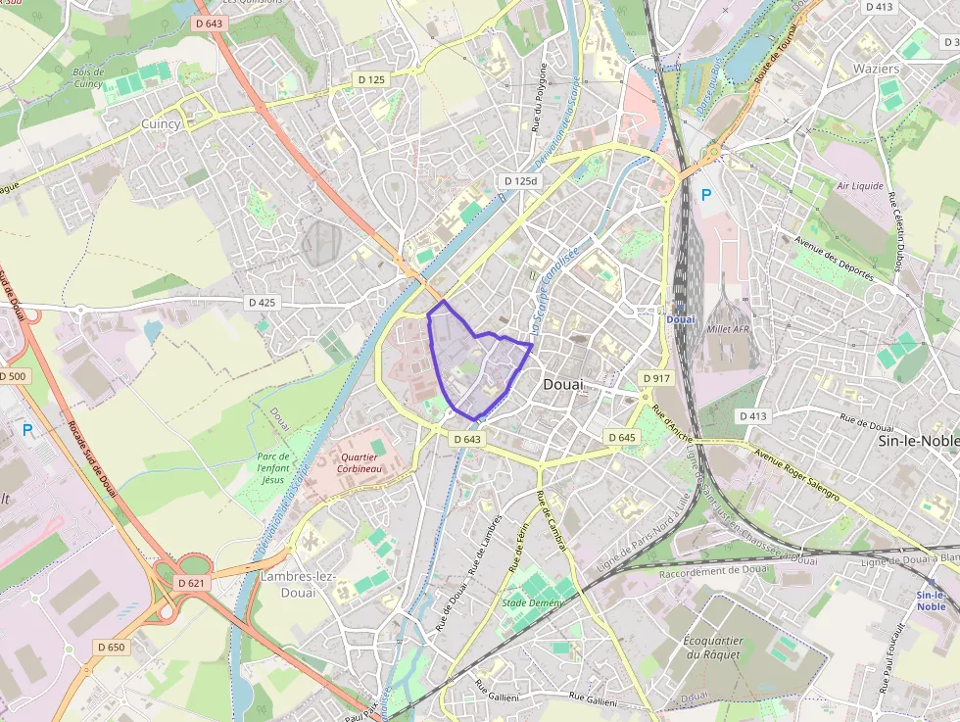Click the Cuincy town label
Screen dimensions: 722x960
click(x=161, y=124)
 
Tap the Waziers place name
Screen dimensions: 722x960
click(x=876, y=69)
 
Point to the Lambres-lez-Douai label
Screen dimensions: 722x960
click(x=298, y=585)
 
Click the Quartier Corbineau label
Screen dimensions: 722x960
click(x=360, y=463)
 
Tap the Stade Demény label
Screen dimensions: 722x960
click(x=533, y=602)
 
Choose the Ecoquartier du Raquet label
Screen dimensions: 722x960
click(x=712, y=648)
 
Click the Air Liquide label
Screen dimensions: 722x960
click(x=860, y=185)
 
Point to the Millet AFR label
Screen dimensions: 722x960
click(x=727, y=330)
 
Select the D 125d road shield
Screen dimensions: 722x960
click(x=521, y=181)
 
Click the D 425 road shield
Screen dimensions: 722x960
click(x=262, y=303)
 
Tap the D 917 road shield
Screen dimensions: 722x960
click(x=656, y=378)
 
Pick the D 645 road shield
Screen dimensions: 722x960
click(x=621, y=437)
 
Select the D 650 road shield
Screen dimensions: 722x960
click(x=112, y=647)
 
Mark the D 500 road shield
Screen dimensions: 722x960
click(x=14, y=376)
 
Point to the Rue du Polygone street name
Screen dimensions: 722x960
click(x=538, y=98)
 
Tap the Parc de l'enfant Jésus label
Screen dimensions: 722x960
click(x=271, y=467)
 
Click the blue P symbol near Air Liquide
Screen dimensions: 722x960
click(x=705, y=195)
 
